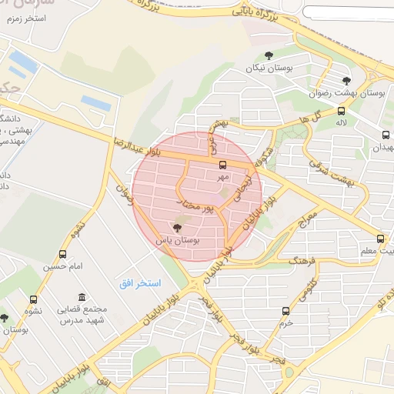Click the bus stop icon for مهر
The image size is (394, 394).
223,165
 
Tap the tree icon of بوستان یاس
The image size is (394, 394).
178,228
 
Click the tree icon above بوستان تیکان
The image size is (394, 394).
269,55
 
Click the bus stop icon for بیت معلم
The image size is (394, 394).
380,239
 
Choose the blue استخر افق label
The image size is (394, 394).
140,284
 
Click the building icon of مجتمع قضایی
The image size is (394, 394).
82,298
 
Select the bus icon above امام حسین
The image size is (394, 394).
62,254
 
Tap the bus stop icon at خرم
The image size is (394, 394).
286,312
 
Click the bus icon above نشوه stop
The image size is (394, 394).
33,300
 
